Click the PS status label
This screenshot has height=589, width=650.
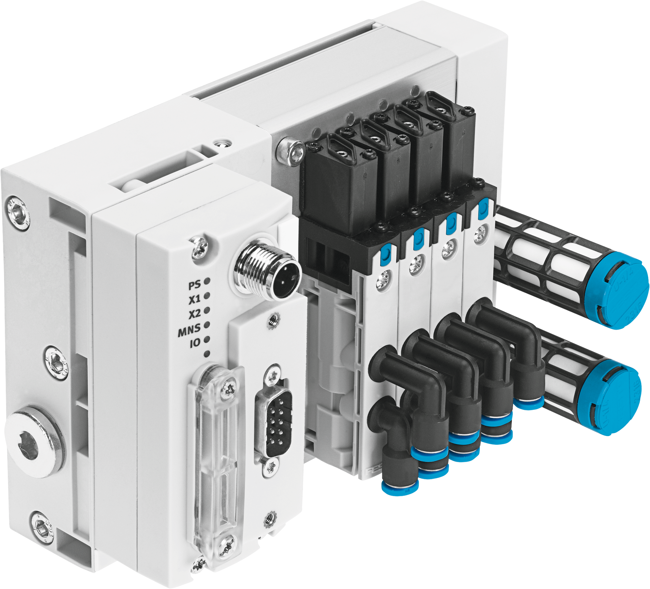(x=194, y=285)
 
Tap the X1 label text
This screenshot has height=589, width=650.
(x=194, y=299)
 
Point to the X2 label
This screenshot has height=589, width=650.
(x=194, y=314)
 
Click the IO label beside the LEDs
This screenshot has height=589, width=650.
(x=195, y=343)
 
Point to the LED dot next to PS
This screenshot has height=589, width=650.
(x=207, y=281)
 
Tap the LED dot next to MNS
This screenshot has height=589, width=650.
(x=207, y=325)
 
